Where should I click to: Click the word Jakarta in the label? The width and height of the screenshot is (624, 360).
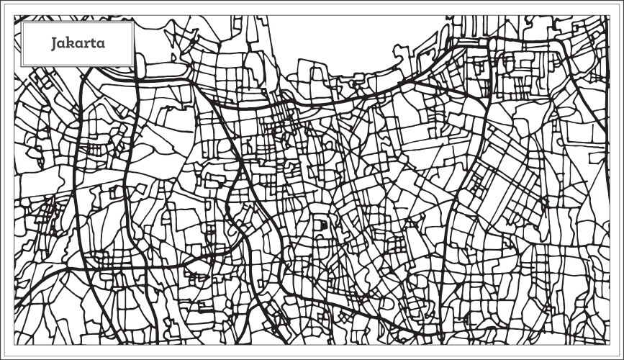pos(78,42)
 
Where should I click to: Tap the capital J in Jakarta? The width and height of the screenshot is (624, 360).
pos(55,42)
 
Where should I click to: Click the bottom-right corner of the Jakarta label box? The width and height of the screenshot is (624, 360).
pos(135,66)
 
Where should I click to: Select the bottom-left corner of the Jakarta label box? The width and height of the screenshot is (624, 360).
pos(22,66)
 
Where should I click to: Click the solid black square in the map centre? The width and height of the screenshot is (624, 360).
pos(323,225)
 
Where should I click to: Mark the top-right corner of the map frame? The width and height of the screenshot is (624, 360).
pos(609,14)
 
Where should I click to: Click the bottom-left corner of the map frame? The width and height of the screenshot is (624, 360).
pos(14,343)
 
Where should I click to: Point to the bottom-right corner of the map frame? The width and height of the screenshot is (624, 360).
pos(609,343)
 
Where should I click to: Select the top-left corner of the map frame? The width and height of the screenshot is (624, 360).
pos(14,14)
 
